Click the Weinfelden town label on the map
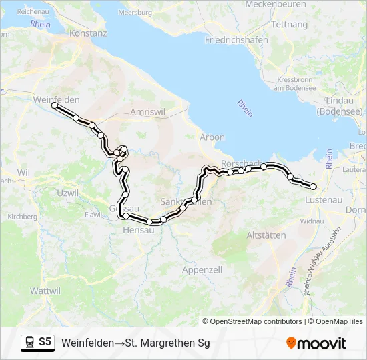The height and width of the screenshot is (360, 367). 56,99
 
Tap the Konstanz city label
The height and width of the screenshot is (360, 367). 89,33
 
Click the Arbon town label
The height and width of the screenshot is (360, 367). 212,137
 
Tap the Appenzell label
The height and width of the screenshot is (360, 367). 202,270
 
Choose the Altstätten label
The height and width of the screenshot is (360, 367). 266,235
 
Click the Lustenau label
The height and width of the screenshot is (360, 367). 324,200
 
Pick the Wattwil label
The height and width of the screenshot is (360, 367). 46,291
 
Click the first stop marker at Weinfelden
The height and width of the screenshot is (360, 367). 55,105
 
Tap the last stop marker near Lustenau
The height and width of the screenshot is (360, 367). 313,187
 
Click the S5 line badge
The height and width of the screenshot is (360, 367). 45,342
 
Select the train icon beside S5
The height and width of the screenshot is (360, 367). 29,343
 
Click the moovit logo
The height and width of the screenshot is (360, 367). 316,343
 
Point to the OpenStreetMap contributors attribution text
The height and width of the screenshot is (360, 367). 257,321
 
